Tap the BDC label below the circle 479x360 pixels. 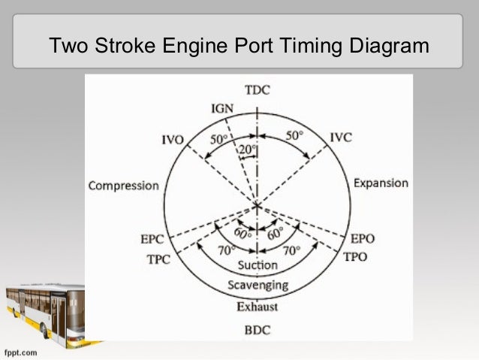[257, 329]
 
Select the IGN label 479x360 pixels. [221, 110]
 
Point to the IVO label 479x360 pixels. [174, 140]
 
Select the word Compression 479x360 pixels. [124, 186]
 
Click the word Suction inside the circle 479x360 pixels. [258, 265]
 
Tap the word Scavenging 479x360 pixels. [258, 286]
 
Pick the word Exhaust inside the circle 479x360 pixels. [258, 307]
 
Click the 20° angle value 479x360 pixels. [246, 150]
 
